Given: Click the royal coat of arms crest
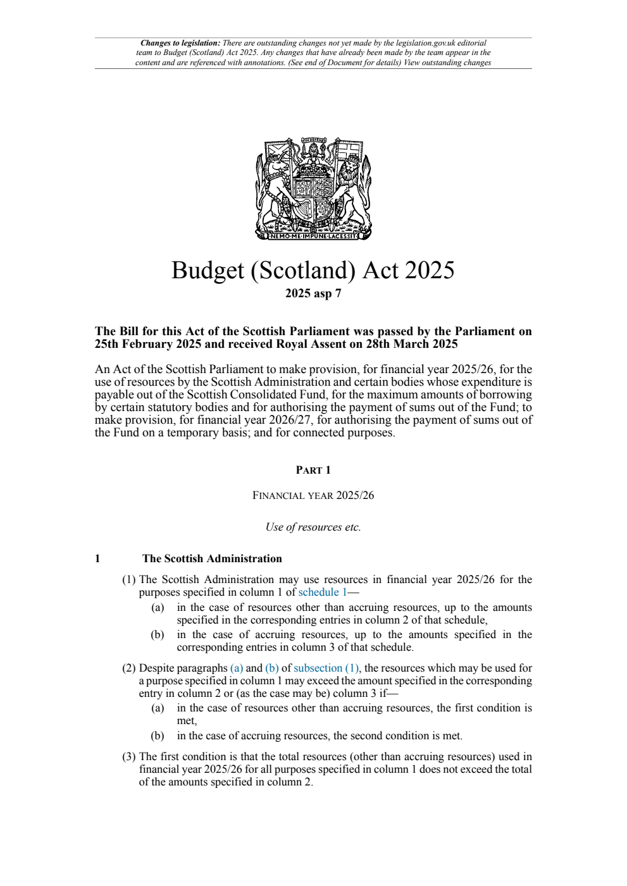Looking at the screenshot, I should (313, 188).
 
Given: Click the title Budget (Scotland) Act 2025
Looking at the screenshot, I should (313, 270).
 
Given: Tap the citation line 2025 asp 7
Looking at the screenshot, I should (313, 293).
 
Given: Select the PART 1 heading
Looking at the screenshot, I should (313, 470).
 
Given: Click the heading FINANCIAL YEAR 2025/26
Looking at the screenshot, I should (313, 495).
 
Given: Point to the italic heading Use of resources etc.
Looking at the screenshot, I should (313, 527).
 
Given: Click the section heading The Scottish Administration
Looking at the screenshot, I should (212, 558).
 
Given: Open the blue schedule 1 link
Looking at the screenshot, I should (322, 593).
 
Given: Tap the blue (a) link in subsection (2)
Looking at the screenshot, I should (236, 668).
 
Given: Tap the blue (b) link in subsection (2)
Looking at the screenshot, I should (271, 668).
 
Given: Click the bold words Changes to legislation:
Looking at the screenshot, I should (180, 43).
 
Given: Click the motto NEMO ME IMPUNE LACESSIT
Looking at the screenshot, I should (313, 236).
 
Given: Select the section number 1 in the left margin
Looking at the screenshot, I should (97, 558).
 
